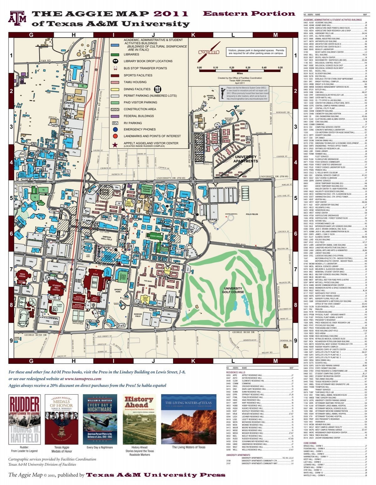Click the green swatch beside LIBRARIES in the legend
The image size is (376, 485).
[115, 54]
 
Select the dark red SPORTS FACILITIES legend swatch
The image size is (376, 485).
[115, 75]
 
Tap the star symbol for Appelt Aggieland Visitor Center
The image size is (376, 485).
[115, 144]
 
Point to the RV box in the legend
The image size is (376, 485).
[115, 123]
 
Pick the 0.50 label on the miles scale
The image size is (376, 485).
[280, 68]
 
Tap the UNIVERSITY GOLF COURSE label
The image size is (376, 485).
[233, 290]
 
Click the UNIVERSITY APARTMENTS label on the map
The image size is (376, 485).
[245, 159]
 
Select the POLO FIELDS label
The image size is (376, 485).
[252, 214]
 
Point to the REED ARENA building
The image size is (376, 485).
[22, 276]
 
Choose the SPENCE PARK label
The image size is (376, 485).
[118, 291]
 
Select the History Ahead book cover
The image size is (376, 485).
[139, 419]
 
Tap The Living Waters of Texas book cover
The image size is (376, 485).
[188, 419]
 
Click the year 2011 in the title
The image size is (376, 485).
[171, 14]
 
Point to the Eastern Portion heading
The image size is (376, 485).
[249, 13]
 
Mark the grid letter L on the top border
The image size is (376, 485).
[233, 35]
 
